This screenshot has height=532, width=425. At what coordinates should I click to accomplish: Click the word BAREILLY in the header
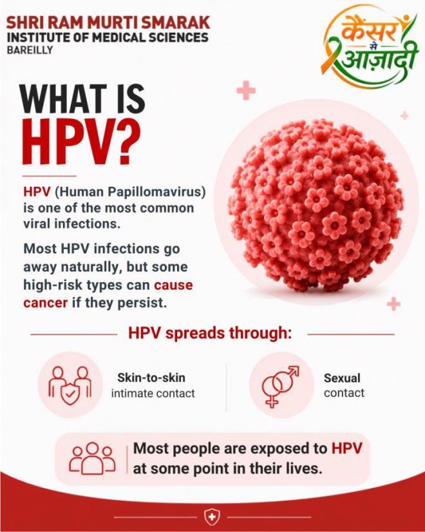pos(30,50)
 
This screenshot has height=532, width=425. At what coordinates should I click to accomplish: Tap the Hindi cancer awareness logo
pos(370,48)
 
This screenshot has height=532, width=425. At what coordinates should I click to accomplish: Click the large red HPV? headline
pos(80,142)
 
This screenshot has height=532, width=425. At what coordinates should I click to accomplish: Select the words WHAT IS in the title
pos(82,99)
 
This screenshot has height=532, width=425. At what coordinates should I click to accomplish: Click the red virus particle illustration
pos(316,205)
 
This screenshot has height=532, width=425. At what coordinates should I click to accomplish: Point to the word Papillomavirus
pos(156,192)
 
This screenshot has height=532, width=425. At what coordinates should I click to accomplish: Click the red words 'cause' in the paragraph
pos(173,285)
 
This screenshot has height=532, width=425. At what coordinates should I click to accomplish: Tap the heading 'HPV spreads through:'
pos(210,333)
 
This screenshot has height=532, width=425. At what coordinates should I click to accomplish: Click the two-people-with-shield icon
pos(70,385)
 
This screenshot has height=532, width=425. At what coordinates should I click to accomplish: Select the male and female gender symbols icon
pos(281,386)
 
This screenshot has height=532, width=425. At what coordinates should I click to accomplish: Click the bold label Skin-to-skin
pos(151,377)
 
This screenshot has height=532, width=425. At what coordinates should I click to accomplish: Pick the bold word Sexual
pos(342,378)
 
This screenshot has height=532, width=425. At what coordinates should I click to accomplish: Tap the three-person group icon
pos(92,459)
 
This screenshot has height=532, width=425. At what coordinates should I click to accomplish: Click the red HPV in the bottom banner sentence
pos(346,448)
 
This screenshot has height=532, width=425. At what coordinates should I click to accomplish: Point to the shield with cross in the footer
pos(212,517)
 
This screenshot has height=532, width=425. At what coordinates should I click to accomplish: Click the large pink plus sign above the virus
pos(246,91)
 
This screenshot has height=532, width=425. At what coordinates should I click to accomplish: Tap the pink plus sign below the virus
pos(393,303)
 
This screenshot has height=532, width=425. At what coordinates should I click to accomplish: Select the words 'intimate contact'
pos(153,394)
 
